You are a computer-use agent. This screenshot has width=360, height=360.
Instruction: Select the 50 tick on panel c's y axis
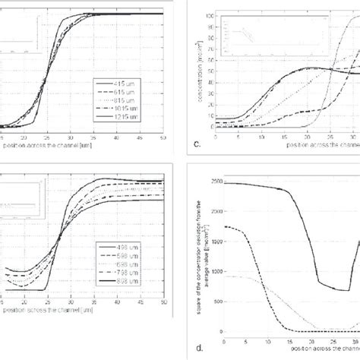210,72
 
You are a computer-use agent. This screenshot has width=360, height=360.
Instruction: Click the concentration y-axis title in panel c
199,72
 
